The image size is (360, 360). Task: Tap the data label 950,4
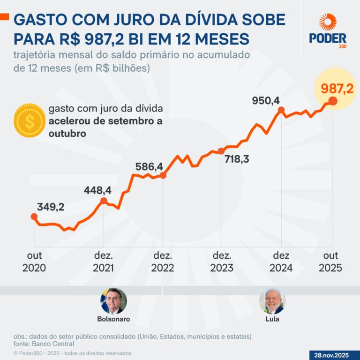[266, 100]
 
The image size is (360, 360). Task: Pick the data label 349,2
[51, 207]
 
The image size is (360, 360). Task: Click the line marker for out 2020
[34, 217]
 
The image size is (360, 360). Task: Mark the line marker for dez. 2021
[104, 201]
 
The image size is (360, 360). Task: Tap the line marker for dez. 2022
[163, 175]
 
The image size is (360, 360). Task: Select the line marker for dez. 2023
[221, 151]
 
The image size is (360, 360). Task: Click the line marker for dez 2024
[281, 110]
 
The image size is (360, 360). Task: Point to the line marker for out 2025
[332, 101]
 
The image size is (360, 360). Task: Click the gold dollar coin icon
[29, 121]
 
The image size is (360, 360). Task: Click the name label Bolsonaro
[113, 319]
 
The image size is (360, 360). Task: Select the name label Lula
[272, 319]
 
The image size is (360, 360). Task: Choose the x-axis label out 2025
[330, 262]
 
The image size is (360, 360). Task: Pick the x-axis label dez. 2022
[163, 262]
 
